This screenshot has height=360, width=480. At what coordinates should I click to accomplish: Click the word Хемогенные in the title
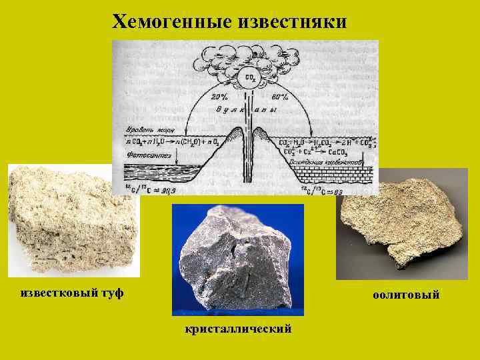point(171,22)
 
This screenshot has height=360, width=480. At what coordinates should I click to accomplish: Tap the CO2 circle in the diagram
point(250,79)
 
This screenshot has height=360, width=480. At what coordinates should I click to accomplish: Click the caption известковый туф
point(72,293)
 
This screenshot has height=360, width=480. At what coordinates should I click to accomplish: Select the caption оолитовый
point(406,295)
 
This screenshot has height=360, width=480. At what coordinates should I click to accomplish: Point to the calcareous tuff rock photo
point(73,220)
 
